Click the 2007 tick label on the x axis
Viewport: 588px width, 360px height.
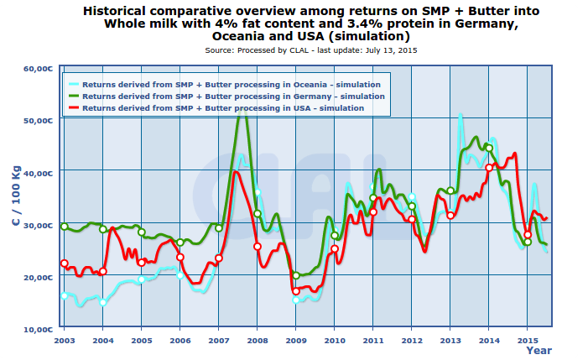pos(218,340)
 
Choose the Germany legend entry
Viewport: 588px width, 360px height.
pos(234,97)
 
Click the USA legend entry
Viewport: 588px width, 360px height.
pos(223,108)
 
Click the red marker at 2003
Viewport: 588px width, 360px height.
pos(65,263)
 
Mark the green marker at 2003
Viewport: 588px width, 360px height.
pos(65,227)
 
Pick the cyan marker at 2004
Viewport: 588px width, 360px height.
pos(103,302)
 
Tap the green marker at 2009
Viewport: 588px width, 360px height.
pos(296,275)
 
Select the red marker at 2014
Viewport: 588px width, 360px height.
pos(489,168)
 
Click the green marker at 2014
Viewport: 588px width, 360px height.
pos(489,148)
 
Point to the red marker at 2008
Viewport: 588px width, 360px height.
pos(258,247)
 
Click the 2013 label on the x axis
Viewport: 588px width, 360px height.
pos(450,340)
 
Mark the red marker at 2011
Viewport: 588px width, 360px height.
pos(373,211)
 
